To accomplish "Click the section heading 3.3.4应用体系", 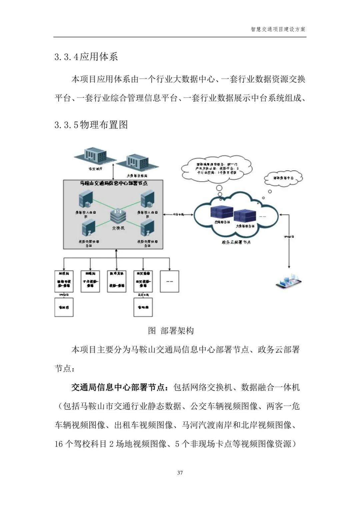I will [x=86, y=57].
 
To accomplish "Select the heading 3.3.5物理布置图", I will [x=91, y=125].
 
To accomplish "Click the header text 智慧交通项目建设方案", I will [x=278, y=29].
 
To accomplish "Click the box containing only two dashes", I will [x=169, y=281].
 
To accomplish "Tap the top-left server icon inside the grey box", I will [x=83, y=200].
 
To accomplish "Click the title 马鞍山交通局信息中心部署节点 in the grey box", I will [x=114, y=183].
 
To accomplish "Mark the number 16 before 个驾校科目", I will [x=59, y=444].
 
